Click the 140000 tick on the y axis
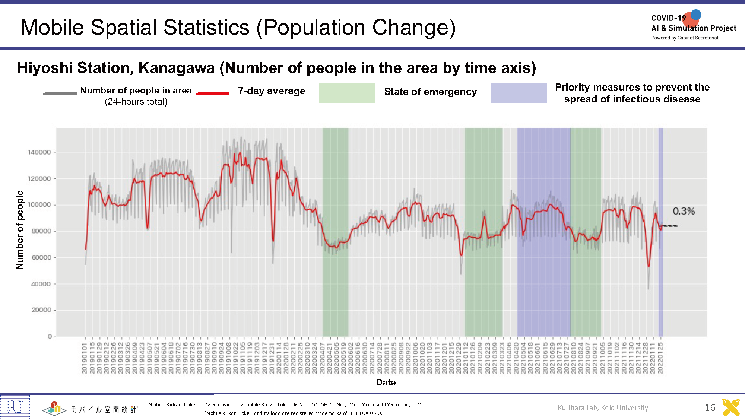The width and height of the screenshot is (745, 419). tap(39, 152)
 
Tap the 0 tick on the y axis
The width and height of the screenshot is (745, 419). tap(50, 336)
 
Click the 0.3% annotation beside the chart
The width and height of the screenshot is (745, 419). tap(684, 211)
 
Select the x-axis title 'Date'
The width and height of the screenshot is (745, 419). tap(386, 382)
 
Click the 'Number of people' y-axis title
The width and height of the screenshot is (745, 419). tap(19, 230)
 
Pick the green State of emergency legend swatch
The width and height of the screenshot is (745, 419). tap(347, 93)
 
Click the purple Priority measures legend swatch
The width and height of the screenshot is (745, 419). tap(519, 93)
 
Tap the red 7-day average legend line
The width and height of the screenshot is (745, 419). tap(212, 93)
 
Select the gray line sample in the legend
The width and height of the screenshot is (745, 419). tap(60, 93)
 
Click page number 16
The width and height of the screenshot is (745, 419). tap(710, 407)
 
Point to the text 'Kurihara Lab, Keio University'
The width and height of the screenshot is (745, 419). tap(603, 407)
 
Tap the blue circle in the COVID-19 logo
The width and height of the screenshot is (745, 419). tap(696, 15)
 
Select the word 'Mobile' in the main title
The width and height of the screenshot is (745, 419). tap(52, 28)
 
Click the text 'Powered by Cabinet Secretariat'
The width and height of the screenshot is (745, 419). tap(685, 38)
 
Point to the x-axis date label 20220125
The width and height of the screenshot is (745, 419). tap(660, 358)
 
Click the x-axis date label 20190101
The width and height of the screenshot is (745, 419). tap(85, 358)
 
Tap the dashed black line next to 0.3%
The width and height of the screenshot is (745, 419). tap(669, 226)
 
